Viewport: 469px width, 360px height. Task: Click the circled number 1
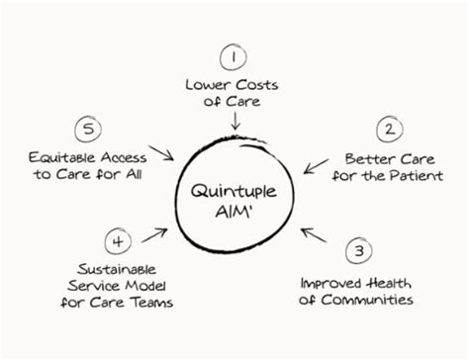coord(234,56)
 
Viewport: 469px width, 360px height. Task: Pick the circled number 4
coord(118,239)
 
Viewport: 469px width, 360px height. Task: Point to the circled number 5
coord(87,129)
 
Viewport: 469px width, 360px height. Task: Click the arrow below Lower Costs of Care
coord(234,121)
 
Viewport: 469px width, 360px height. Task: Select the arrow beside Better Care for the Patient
coord(317,164)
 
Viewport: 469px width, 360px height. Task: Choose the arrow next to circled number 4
coord(154,234)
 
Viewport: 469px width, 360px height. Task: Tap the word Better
coord(364,158)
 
